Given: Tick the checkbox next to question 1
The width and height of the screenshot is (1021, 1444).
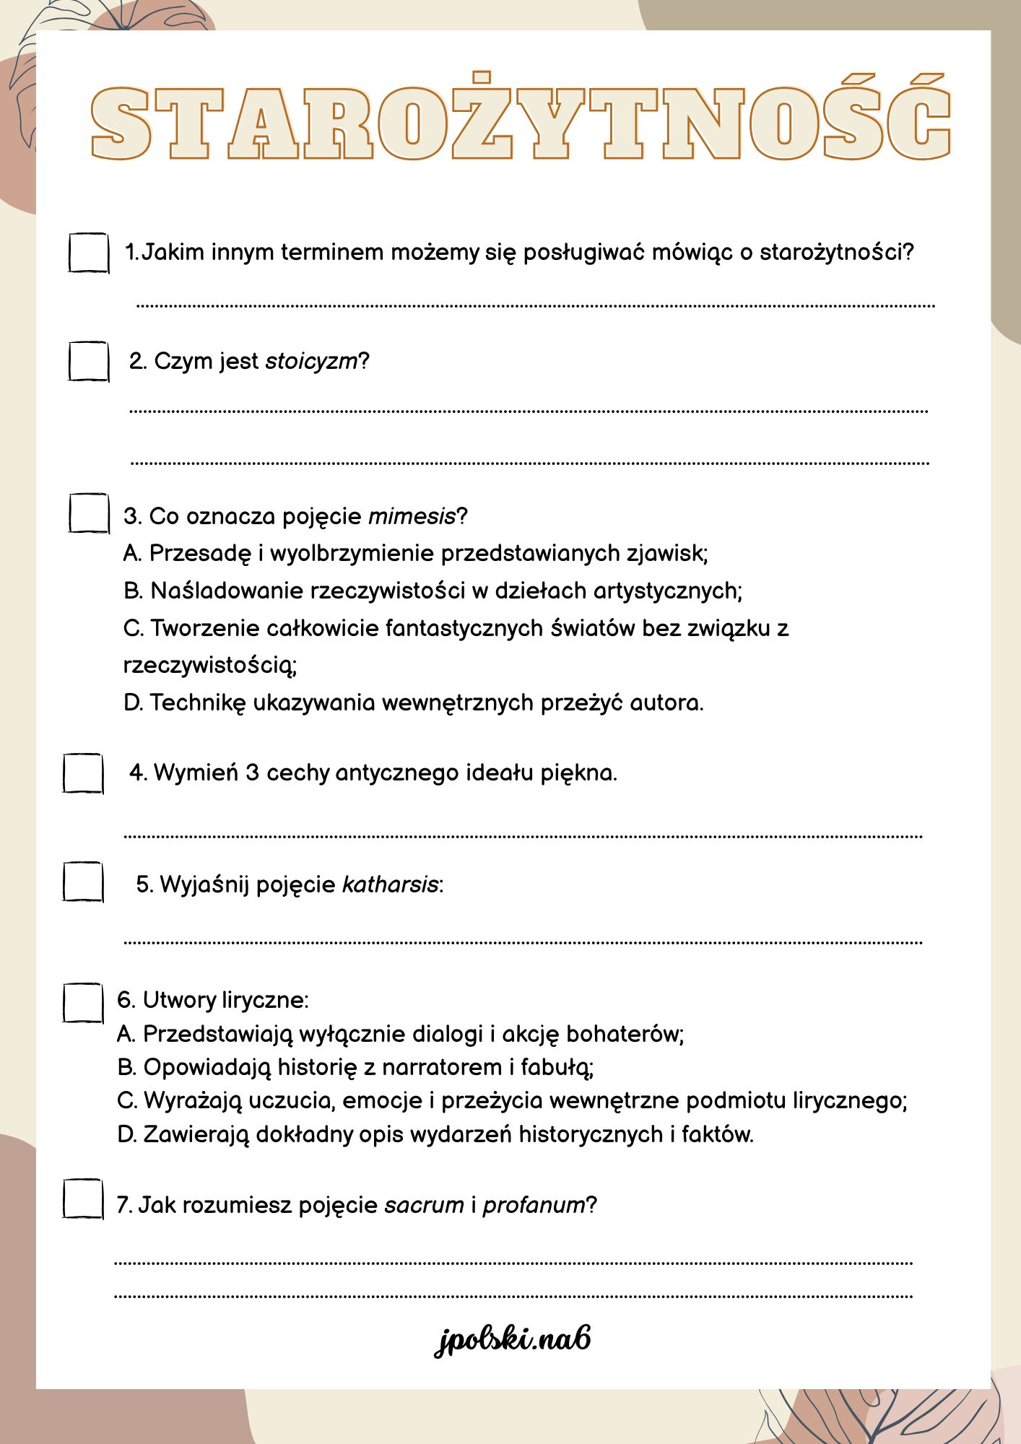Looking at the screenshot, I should (89, 253).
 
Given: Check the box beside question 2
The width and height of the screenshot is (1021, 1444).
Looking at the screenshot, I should (89, 361).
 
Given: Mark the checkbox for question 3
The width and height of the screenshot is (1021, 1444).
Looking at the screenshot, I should (89, 513).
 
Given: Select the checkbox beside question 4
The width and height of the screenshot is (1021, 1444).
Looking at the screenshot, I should (83, 773).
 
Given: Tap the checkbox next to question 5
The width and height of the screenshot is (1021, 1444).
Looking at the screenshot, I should (83, 882).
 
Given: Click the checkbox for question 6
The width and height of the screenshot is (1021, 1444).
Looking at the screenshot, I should (83, 1003).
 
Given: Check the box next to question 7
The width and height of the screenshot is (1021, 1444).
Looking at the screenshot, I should (83, 1199).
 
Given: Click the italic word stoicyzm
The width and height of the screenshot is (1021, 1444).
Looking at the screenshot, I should (311, 361).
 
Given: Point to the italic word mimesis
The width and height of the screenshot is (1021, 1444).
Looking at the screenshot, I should (412, 516).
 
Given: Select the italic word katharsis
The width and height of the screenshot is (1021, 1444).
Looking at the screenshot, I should (390, 884).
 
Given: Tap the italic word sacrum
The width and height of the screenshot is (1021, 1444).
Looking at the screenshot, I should (424, 1205).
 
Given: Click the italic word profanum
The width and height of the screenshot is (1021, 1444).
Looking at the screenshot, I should (534, 1205).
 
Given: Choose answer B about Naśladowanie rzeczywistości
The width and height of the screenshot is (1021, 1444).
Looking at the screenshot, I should (433, 591).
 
